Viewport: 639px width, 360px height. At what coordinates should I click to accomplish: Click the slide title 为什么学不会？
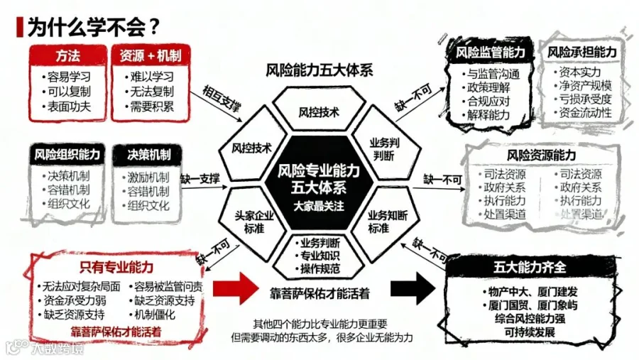pos(92,27)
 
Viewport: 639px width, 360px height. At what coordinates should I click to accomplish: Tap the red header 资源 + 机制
pos(150,55)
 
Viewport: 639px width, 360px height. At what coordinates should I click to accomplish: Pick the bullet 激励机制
pos(148,177)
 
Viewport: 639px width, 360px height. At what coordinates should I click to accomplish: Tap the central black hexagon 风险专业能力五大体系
pos(319,181)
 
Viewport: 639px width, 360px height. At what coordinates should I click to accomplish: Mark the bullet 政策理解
pos(488,88)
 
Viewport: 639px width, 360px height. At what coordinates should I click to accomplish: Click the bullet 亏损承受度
pos(585,99)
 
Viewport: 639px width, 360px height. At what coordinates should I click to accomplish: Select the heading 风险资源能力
pos(540,155)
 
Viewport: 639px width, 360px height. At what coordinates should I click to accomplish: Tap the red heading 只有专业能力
pos(116,267)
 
